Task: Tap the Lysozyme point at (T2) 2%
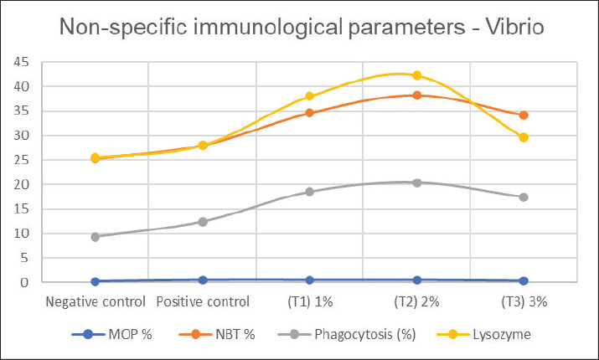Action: (x=417, y=75)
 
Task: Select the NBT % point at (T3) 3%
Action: (x=524, y=115)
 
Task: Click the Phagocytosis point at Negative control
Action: (x=96, y=237)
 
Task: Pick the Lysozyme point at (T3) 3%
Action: (x=524, y=137)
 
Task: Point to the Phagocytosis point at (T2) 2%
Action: (x=417, y=183)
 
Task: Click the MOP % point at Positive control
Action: (x=203, y=280)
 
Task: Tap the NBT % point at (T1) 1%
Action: (x=310, y=112)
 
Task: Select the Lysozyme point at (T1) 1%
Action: (x=310, y=96)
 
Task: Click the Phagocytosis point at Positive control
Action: (x=203, y=222)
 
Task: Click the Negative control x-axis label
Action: (x=96, y=302)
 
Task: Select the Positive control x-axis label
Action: (x=203, y=302)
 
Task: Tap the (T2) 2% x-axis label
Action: (x=417, y=302)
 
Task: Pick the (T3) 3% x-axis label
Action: (x=524, y=302)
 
